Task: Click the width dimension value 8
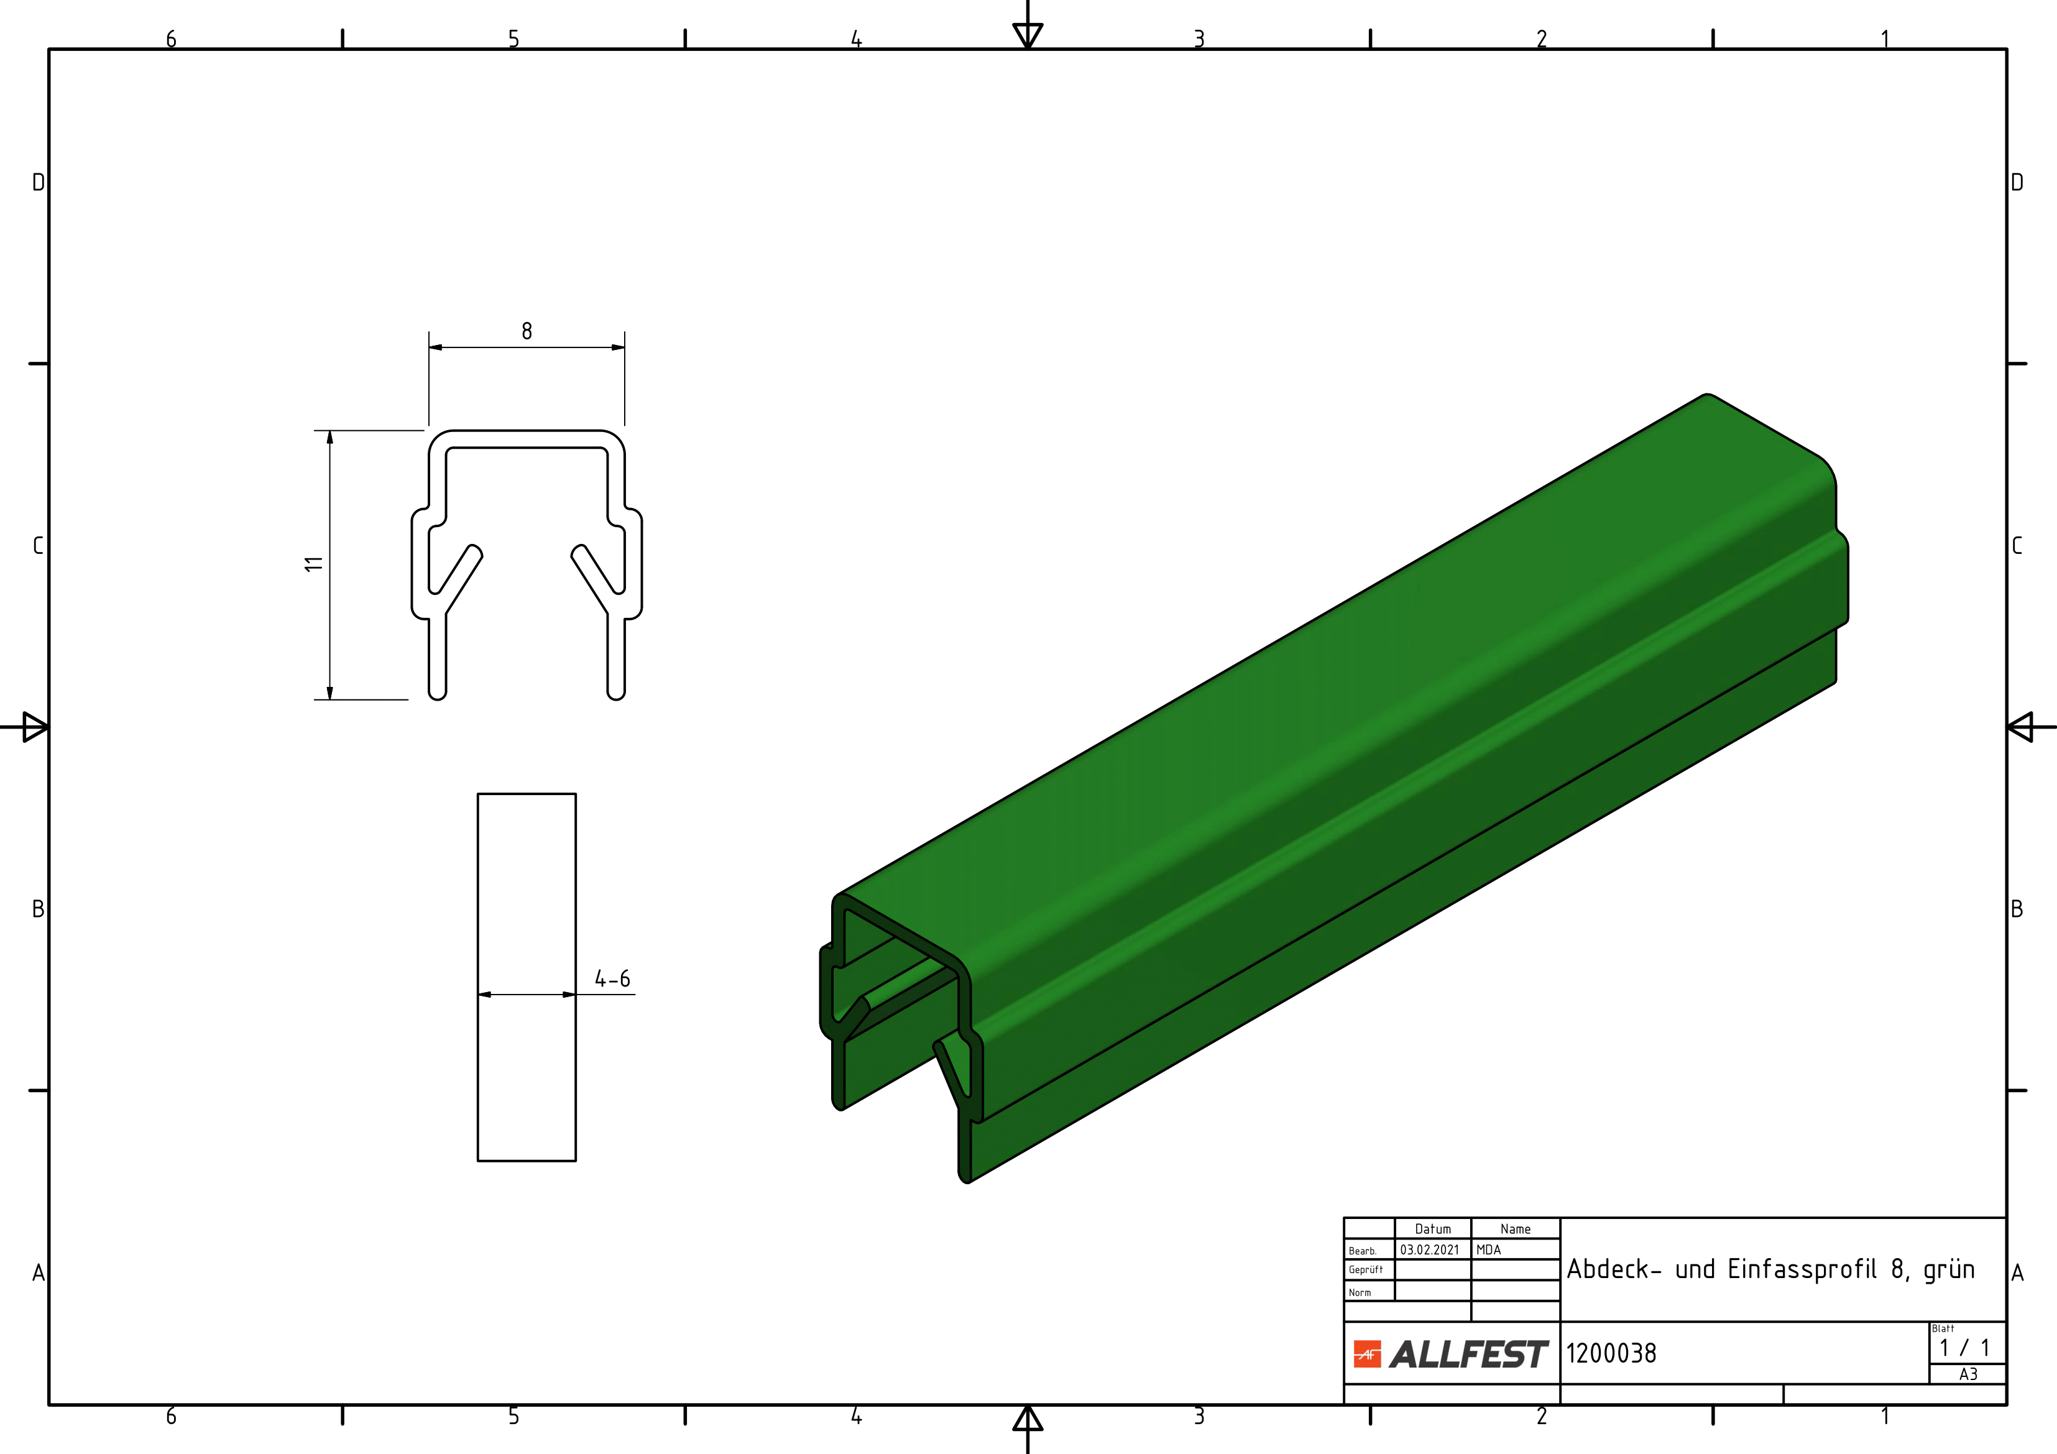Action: [527, 331]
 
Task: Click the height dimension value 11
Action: [313, 563]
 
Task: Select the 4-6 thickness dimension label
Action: [613, 978]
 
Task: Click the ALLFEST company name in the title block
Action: [1468, 1354]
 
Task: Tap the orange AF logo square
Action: [1367, 1355]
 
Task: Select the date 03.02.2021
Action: [1430, 1249]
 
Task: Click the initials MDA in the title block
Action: [1488, 1249]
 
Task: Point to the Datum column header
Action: [1432, 1229]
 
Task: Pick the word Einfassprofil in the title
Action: [1802, 1269]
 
